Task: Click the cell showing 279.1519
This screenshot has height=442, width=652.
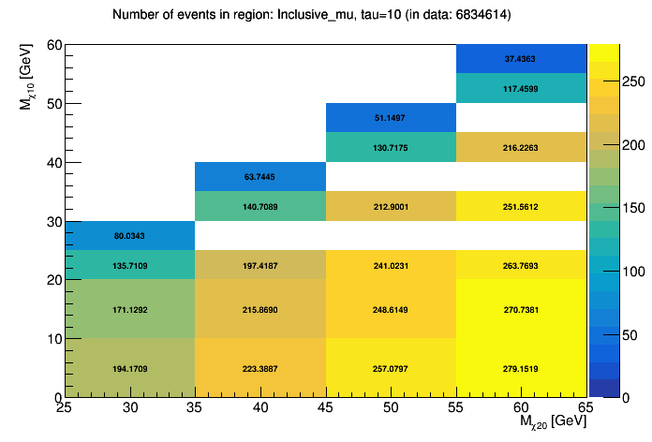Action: tap(522, 368)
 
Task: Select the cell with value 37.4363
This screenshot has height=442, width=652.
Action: tap(522, 58)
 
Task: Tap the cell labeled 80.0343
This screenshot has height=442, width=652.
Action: tap(130, 235)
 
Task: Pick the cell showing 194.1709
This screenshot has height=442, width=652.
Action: tap(130, 368)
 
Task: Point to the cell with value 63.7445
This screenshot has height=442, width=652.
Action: tap(260, 176)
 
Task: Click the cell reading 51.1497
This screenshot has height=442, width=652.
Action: tap(391, 117)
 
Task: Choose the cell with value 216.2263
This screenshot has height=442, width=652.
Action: tap(522, 147)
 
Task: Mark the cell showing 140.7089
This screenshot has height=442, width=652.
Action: tap(260, 206)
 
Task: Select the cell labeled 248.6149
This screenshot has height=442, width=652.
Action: tap(391, 308)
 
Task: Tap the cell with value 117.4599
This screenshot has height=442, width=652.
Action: tap(522, 88)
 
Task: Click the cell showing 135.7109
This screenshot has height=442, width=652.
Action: tap(130, 265)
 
